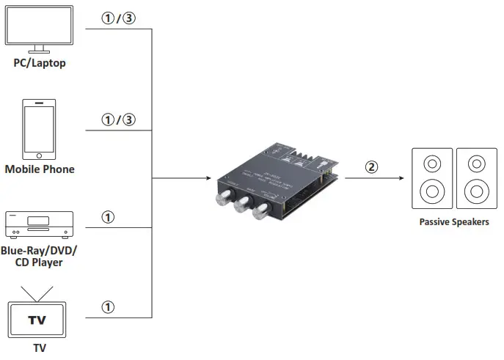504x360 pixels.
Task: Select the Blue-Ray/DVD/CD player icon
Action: (x=40, y=224)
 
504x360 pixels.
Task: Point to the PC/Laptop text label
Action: (x=40, y=63)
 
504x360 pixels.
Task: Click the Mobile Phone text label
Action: (x=40, y=169)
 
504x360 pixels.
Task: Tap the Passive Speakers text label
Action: (x=454, y=221)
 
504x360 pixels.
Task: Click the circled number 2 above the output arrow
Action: (x=372, y=166)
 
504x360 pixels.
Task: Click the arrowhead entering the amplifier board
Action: (x=213, y=178)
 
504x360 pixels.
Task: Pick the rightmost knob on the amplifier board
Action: (x=260, y=213)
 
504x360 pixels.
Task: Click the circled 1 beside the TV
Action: (x=108, y=307)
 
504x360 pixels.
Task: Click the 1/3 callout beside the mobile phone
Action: (x=118, y=120)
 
